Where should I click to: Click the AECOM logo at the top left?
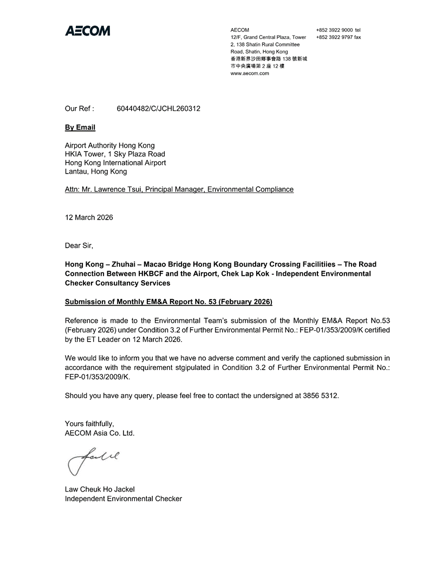(x=87, y=31)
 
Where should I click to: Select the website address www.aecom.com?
(x=250, y=74)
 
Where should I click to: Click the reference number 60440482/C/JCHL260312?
(x=159, y=109)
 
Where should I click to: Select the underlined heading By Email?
(x=80, y=128)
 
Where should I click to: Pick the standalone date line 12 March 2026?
(x=89, y=217)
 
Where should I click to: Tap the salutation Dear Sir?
(x=79, y=245)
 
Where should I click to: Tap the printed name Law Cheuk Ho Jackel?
(x=100, y=489)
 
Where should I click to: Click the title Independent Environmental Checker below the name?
(x=123, y=499)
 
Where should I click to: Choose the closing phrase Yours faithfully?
(x=89, y=424)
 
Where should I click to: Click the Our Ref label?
(x=79, y=109)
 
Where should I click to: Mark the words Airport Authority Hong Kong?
(x=109, y=145)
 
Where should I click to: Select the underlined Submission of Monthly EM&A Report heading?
(x=168, y=301)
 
